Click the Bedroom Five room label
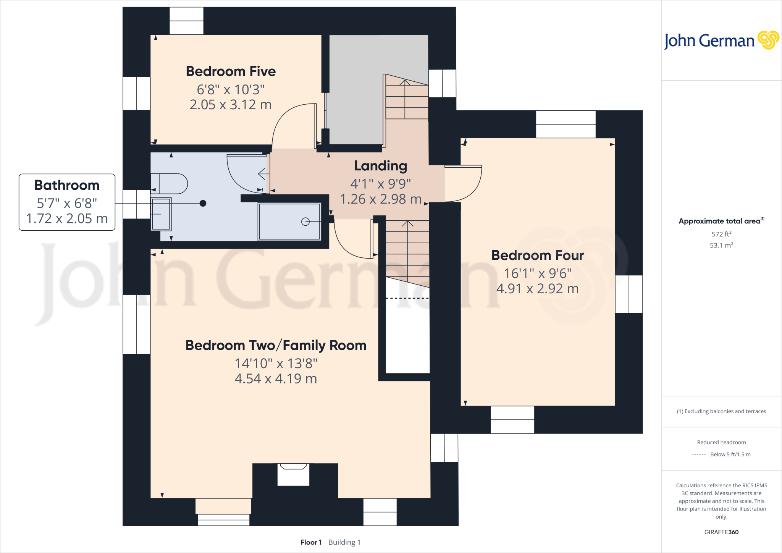click(x=231, y=71)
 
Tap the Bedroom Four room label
click(x=537, y=255)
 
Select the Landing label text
click(x=380, y=166)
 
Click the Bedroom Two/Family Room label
click(x=276, y=345)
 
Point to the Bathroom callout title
click(x=67, y=185)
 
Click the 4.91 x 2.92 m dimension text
click(x=537, y=289)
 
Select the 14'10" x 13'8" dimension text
click(x=276, y=364)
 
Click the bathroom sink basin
click(x=161, y=214)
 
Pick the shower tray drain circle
click(x=305, y=222)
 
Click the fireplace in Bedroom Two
click(x=293, y=475)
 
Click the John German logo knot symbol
click(x=768, y=40)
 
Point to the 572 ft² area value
click(x=721, y=234)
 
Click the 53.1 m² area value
click(x=721, y=245)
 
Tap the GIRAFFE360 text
click(x=721, y=532)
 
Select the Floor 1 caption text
click(x=311, y=542)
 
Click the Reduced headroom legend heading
click(x=721, y=442)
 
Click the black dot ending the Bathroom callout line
click(x=203, y=203)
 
